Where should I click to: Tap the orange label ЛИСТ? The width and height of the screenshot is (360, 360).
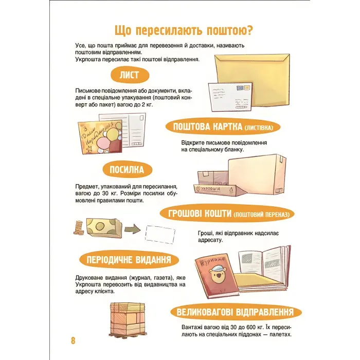(129, 75)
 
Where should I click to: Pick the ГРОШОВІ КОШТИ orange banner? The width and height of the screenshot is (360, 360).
(228, 213)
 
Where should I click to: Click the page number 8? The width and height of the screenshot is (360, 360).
(73, 340)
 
